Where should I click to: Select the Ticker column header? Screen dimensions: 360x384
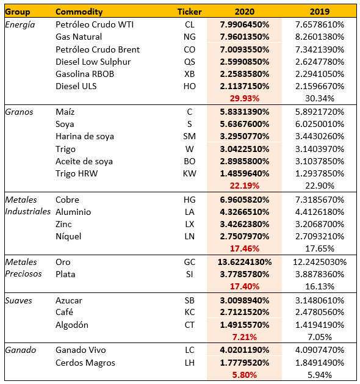point(189,12)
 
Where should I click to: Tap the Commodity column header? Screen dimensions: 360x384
point(79,12)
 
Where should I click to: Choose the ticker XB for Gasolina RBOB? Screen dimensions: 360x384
point(189,74)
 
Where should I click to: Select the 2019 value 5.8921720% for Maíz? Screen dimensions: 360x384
point(319,112)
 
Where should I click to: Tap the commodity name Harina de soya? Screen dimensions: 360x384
point(84,137)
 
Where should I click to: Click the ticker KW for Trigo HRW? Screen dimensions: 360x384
point(189,173)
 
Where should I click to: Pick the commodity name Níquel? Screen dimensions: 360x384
point(68,236)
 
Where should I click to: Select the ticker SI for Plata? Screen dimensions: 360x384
point(189,274)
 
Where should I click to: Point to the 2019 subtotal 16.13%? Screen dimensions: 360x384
point(319,286)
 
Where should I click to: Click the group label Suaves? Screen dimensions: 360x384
point(18,300)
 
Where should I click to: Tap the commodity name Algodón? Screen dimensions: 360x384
point(71,325)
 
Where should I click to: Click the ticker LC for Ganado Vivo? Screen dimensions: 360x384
point(189,350)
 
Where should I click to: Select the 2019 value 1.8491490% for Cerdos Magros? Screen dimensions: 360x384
point(319,362)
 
